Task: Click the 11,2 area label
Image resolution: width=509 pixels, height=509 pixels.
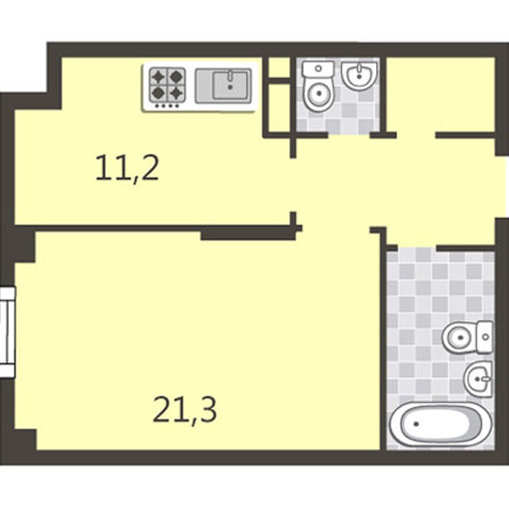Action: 127,168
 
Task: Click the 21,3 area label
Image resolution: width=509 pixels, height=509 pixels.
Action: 184,410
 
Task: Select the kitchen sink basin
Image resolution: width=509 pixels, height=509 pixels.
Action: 230,86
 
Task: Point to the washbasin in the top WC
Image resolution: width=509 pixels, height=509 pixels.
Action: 360,75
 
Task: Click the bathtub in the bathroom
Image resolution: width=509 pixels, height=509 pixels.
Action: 441,424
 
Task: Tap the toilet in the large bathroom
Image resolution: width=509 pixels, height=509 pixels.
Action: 468,337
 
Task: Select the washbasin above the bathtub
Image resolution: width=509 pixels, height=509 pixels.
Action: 478,379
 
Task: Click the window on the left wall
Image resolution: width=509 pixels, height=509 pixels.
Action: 7,332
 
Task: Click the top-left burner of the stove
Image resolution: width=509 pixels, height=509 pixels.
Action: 158,77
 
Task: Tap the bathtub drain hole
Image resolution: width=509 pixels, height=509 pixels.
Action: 416,424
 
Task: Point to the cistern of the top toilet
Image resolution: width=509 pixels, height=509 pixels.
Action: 318,69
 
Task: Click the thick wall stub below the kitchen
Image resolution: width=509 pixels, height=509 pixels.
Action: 249,233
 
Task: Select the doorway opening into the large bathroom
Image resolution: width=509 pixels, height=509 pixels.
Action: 416,249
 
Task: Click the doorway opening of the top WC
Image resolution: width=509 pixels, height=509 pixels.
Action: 349,135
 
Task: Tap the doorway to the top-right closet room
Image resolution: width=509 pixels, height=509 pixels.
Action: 415,135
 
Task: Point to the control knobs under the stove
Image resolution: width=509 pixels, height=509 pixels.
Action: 168,105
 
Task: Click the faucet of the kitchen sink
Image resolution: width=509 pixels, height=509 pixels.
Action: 229,76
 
